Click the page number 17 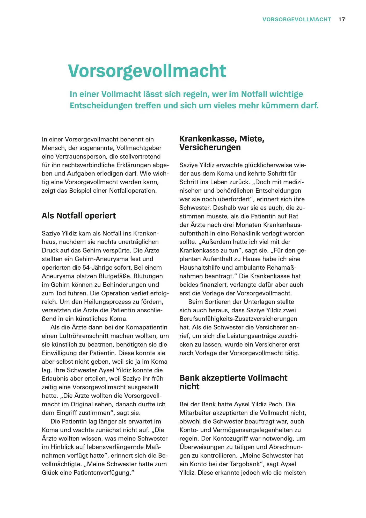(x=341, y=19)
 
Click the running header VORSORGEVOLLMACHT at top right (x=297, y=19)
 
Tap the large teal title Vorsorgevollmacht (x=147, y=71)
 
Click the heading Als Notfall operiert (x=79, y=216)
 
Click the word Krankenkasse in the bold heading (x=208, y=139)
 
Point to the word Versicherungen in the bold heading (x=210, y=147)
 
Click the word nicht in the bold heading (x=189, y=387)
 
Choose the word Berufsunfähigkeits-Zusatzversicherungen (x=238, y=319)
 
